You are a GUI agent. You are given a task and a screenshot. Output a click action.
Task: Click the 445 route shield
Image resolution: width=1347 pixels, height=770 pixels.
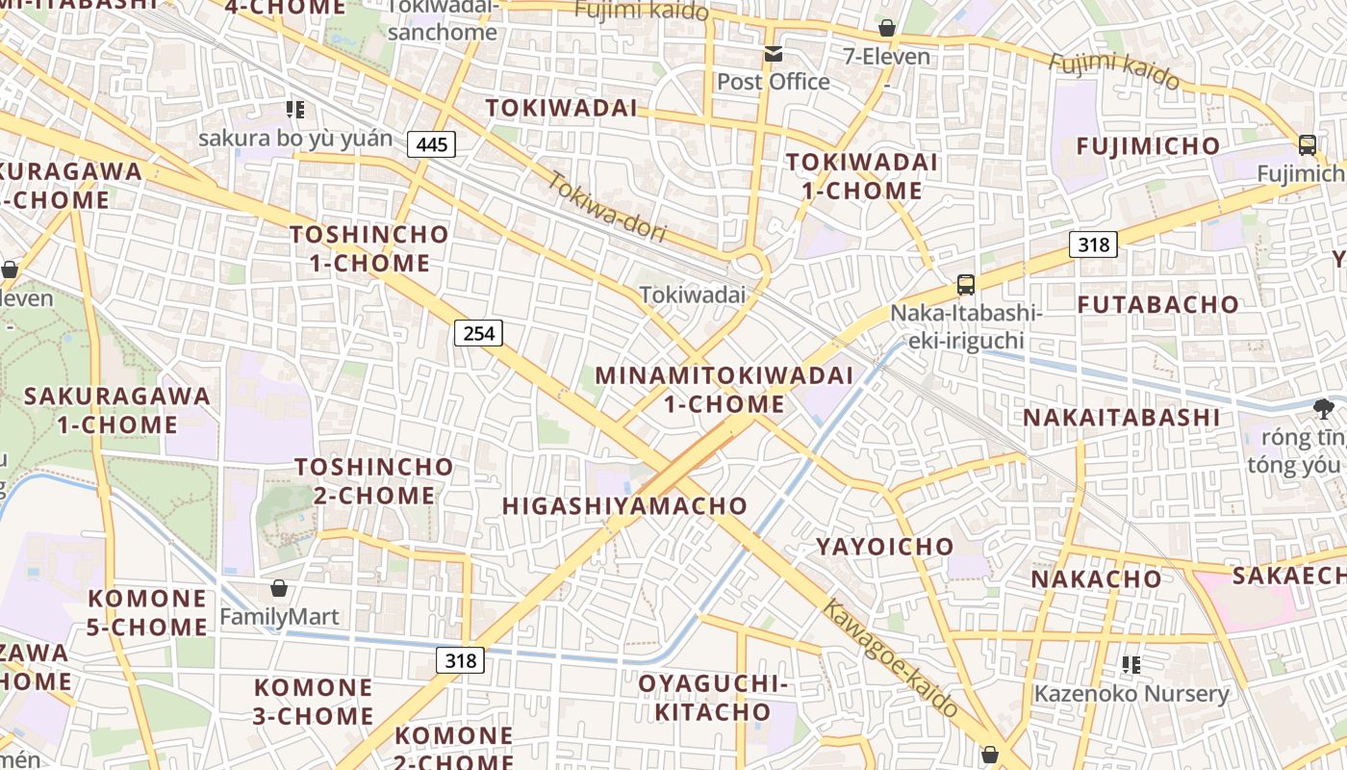pos(431,144)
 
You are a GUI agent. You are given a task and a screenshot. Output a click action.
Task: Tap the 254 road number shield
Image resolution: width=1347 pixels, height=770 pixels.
pos(478,333)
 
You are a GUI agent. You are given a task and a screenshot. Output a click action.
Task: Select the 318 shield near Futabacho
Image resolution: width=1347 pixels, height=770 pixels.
pos(1093,244)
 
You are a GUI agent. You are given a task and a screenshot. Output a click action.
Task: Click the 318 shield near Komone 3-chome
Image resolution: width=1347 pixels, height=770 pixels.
pos(461,660)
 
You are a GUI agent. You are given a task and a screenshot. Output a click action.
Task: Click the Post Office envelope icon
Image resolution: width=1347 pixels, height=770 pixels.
pos(773,54)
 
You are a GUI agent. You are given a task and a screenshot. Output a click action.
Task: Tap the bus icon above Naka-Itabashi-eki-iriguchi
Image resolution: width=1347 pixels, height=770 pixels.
pos(966,285)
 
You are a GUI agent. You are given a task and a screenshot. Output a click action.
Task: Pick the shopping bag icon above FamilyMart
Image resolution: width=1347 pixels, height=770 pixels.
pos(279,587)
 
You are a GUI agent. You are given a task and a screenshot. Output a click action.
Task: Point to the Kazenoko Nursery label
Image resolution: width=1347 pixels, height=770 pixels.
pos(1131,693)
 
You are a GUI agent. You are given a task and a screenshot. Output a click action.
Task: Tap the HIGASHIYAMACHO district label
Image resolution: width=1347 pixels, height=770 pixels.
pos(624,506)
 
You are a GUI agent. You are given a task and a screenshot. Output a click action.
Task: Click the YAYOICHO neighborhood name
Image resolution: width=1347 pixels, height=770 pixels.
pos(885,547)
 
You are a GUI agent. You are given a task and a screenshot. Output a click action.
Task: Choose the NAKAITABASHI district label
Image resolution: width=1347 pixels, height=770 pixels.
pos(1121,418)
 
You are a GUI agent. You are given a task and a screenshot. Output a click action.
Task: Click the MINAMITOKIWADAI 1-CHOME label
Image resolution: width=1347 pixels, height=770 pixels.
pos(724,390)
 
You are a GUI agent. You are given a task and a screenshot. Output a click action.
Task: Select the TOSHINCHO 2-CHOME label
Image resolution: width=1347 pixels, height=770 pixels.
pos(373,481)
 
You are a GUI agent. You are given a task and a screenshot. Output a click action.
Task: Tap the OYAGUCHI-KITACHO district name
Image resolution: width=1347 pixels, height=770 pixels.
pos(712,698)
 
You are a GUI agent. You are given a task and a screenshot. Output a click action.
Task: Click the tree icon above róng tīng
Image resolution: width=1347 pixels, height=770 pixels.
pos(1324,409)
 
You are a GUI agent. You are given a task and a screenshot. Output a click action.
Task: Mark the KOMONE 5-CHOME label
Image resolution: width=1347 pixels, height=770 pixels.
pos(147,613)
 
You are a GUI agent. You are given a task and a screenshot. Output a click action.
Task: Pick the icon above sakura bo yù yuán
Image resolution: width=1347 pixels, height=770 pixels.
pos(295,110)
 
